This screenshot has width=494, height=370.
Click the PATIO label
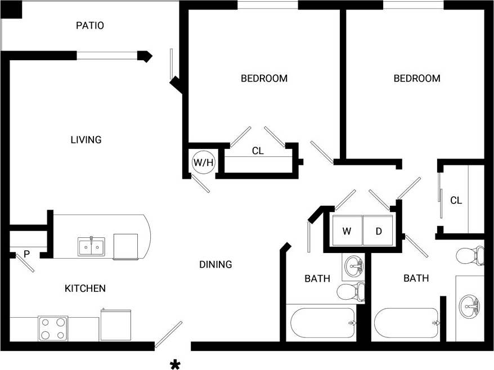tap(90, 25)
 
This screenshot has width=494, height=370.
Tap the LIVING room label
tap(86, 139)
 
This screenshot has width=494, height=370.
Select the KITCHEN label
tap(85, 288)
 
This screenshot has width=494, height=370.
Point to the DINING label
tap(215, 264)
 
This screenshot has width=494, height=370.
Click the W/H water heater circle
tap(203, 163)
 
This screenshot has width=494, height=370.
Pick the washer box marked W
tap(347, 231)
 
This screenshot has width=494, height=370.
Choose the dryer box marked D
tap(379, 231)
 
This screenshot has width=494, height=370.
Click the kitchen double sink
tap(91, 246)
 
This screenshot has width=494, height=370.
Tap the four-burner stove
tap(53, 328)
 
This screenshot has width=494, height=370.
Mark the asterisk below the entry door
tap(175, 365)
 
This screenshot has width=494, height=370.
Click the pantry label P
tap(26, 254)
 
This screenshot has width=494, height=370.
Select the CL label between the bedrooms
tap(258, 151)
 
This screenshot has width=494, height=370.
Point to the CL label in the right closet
tap(456, 200)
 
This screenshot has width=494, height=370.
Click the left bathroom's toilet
tap(350, 291)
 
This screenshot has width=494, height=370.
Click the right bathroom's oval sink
tap(470, 307)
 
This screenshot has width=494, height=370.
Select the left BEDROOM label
tap(264, 78)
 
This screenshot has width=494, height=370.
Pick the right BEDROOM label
tap(416, 78)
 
